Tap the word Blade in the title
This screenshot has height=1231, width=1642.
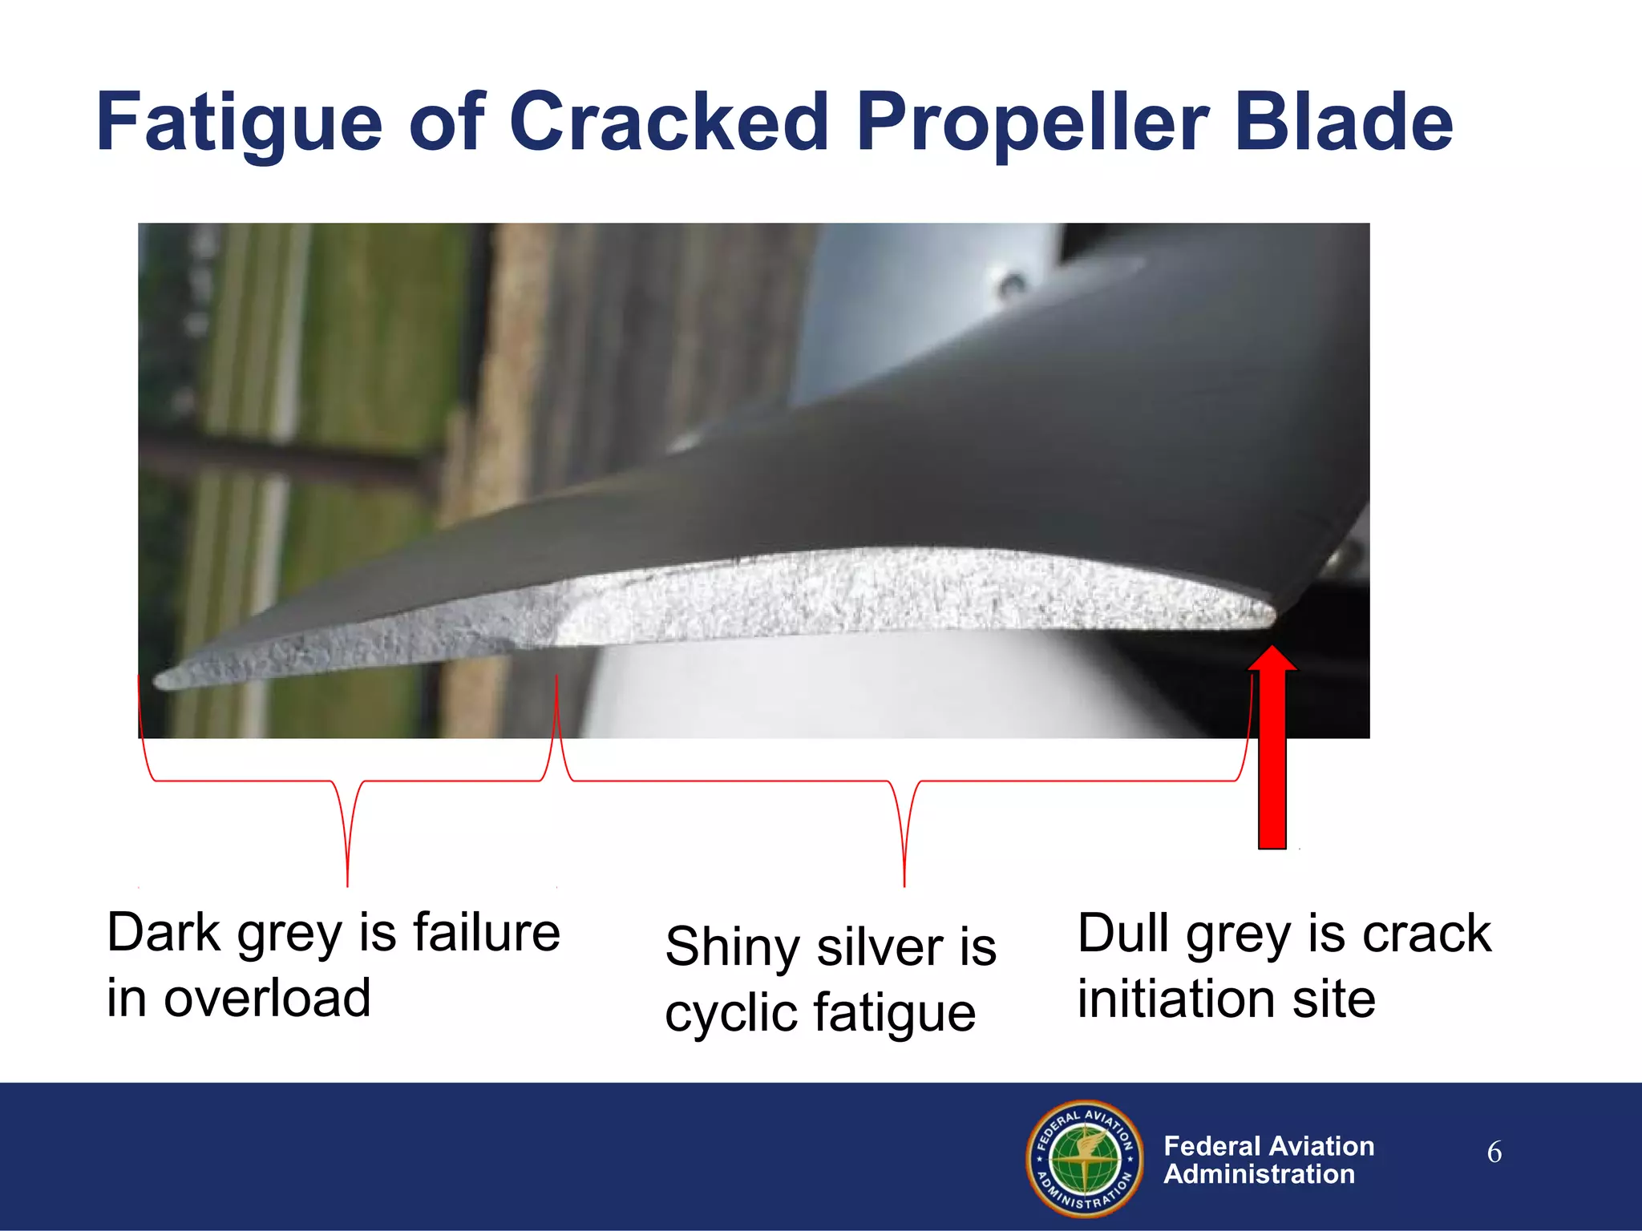point(1344,122)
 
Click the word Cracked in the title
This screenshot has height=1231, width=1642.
point(669,122)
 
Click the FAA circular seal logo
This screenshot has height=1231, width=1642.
point(1085,1158)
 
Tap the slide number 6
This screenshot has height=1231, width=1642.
point(1494,1152)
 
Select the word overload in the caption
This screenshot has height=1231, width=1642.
point(267,999)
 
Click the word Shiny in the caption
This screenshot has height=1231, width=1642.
point(732,947)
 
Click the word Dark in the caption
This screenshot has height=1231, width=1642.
point(164,933)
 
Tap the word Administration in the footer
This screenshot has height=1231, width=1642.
point(1259,1174)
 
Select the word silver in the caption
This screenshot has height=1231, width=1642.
point(879,947)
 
